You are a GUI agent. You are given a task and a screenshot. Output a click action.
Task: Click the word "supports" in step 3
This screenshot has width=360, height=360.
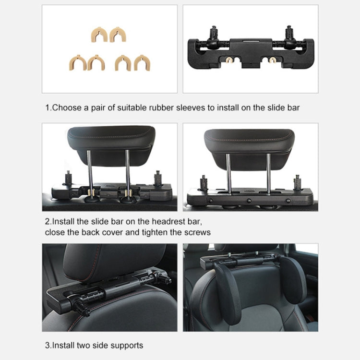tap(127, 345)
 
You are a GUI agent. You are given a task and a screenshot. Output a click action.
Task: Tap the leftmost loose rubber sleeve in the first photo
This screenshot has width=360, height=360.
tap(76, 62)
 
